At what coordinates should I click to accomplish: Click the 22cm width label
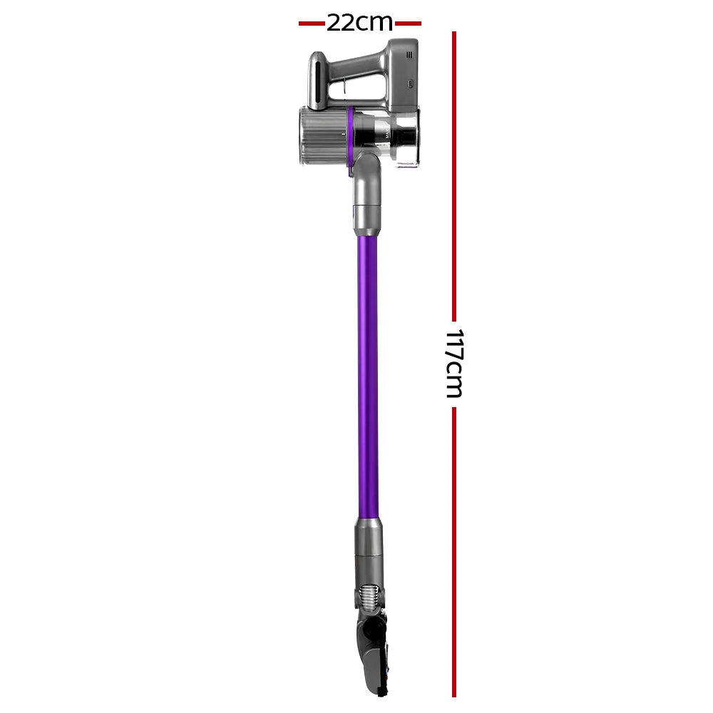coord(359,23)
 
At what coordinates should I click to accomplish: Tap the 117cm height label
coord(453,363)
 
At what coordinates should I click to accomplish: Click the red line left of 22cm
coord(312,24)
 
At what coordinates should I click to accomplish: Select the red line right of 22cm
coord(408,24)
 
